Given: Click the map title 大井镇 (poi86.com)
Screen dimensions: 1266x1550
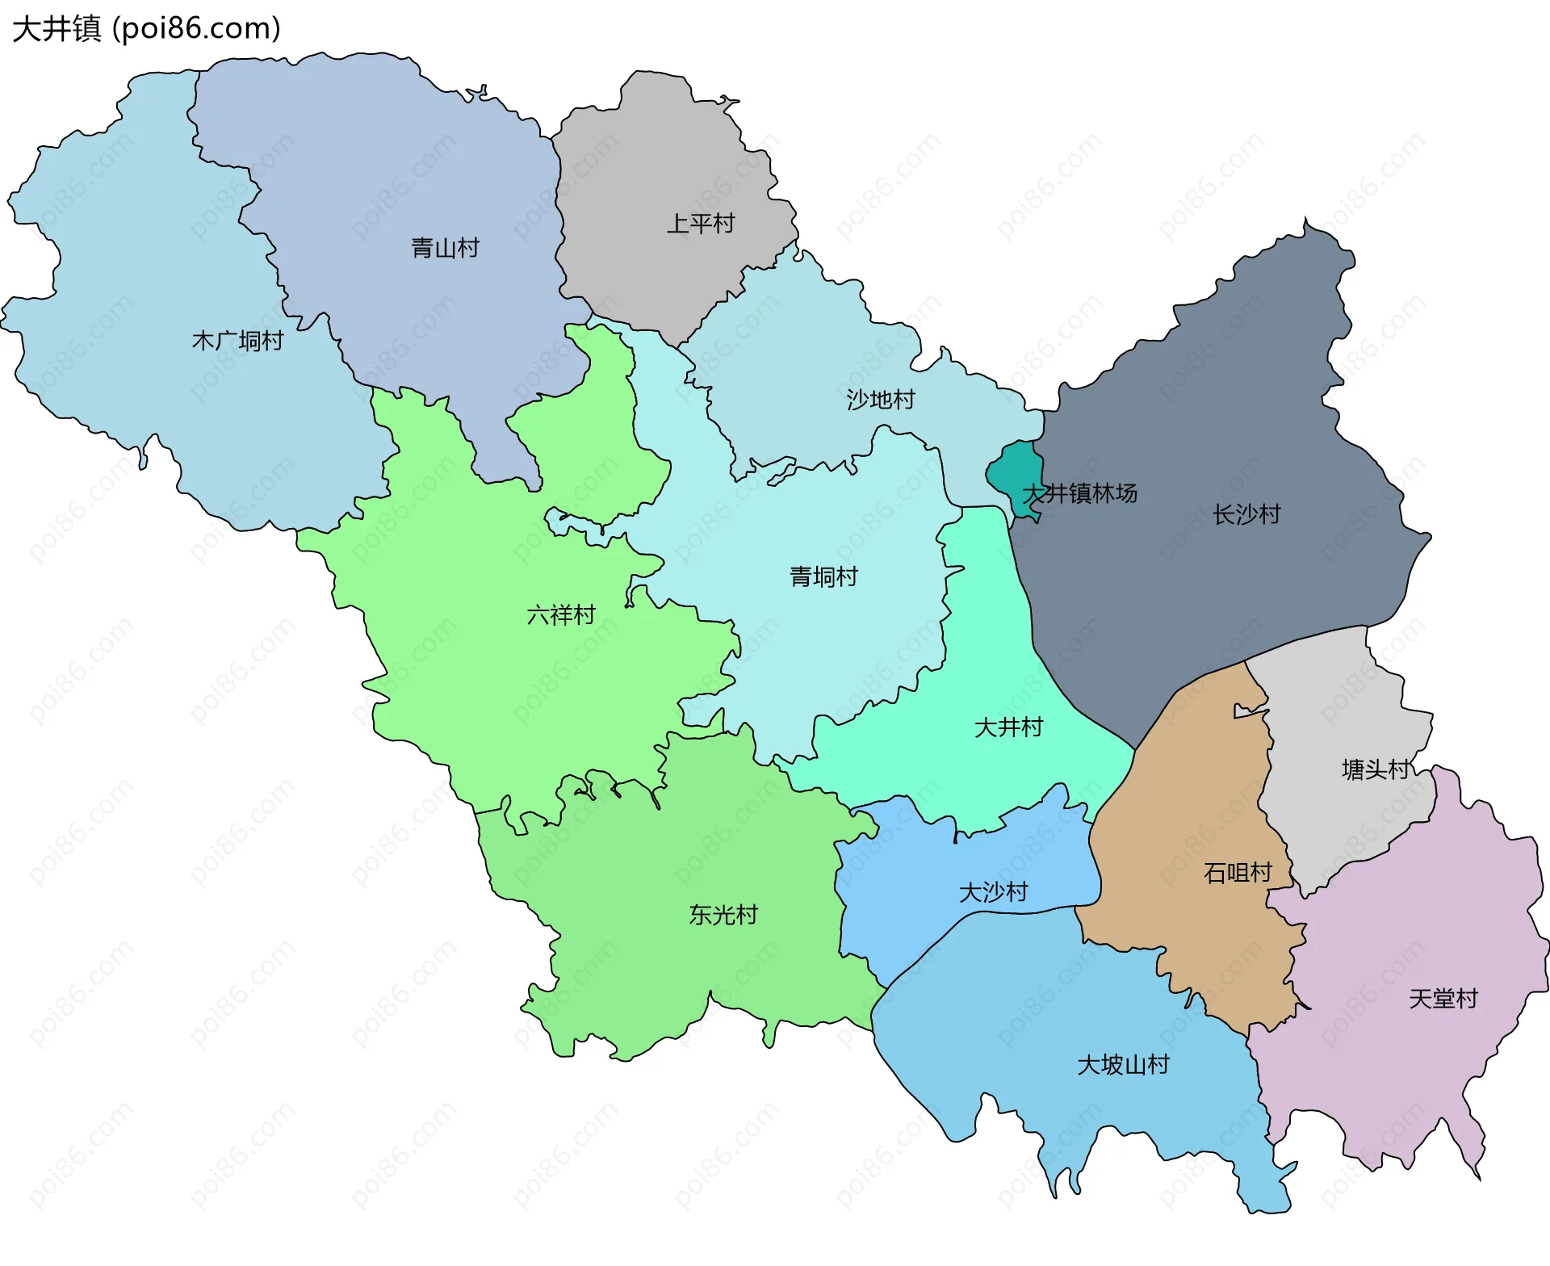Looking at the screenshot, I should (146, 29).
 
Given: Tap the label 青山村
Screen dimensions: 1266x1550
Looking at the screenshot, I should (445, 248).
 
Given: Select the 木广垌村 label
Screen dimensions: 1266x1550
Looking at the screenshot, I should (237, 341).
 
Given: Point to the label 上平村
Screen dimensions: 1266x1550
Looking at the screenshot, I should (700, 224).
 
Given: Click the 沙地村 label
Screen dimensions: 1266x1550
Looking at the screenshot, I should (880, 400).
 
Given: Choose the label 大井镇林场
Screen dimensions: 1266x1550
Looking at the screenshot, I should (1079, 493).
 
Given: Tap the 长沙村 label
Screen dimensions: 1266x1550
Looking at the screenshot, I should (1246, 514).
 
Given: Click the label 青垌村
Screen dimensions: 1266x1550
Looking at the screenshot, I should (823, 576).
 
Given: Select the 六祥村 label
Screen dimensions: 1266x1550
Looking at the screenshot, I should (560, 615).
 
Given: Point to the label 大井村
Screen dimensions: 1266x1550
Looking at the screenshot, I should (1008, 727).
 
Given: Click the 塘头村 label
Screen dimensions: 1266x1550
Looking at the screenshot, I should (1376, 769).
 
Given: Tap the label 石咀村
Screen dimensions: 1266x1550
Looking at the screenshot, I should (1237, 873).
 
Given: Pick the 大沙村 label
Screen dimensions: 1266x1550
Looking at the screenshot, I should (993, 892).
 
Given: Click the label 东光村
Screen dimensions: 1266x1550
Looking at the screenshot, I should (723, 915).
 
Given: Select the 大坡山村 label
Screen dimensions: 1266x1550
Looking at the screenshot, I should (1123, 1065).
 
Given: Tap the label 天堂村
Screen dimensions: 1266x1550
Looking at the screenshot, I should (1443, 999).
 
